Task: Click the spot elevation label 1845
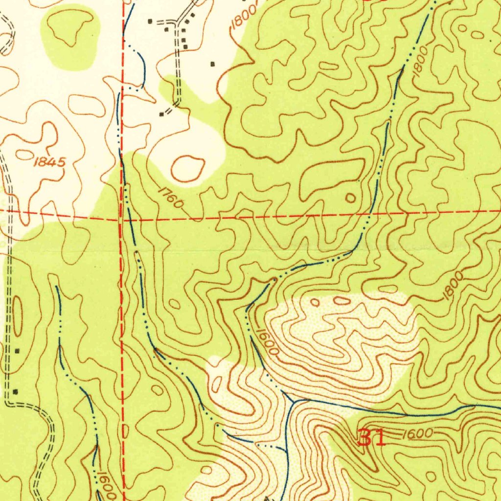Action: coord(49,162)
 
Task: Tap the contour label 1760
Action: coord(170,198)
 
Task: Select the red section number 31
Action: coord(372,437)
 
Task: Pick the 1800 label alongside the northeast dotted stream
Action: coord(420,61)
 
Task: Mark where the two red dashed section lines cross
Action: coord(122,220)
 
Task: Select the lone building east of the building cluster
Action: coord(212,64)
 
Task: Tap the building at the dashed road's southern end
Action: coord(161,114)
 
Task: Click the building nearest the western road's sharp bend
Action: coord(15,391)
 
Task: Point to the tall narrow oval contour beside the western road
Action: coord(17,317)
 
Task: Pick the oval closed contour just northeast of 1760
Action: coord(187,168)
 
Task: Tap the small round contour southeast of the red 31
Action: coord(431,476)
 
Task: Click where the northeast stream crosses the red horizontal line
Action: coord(370,214)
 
